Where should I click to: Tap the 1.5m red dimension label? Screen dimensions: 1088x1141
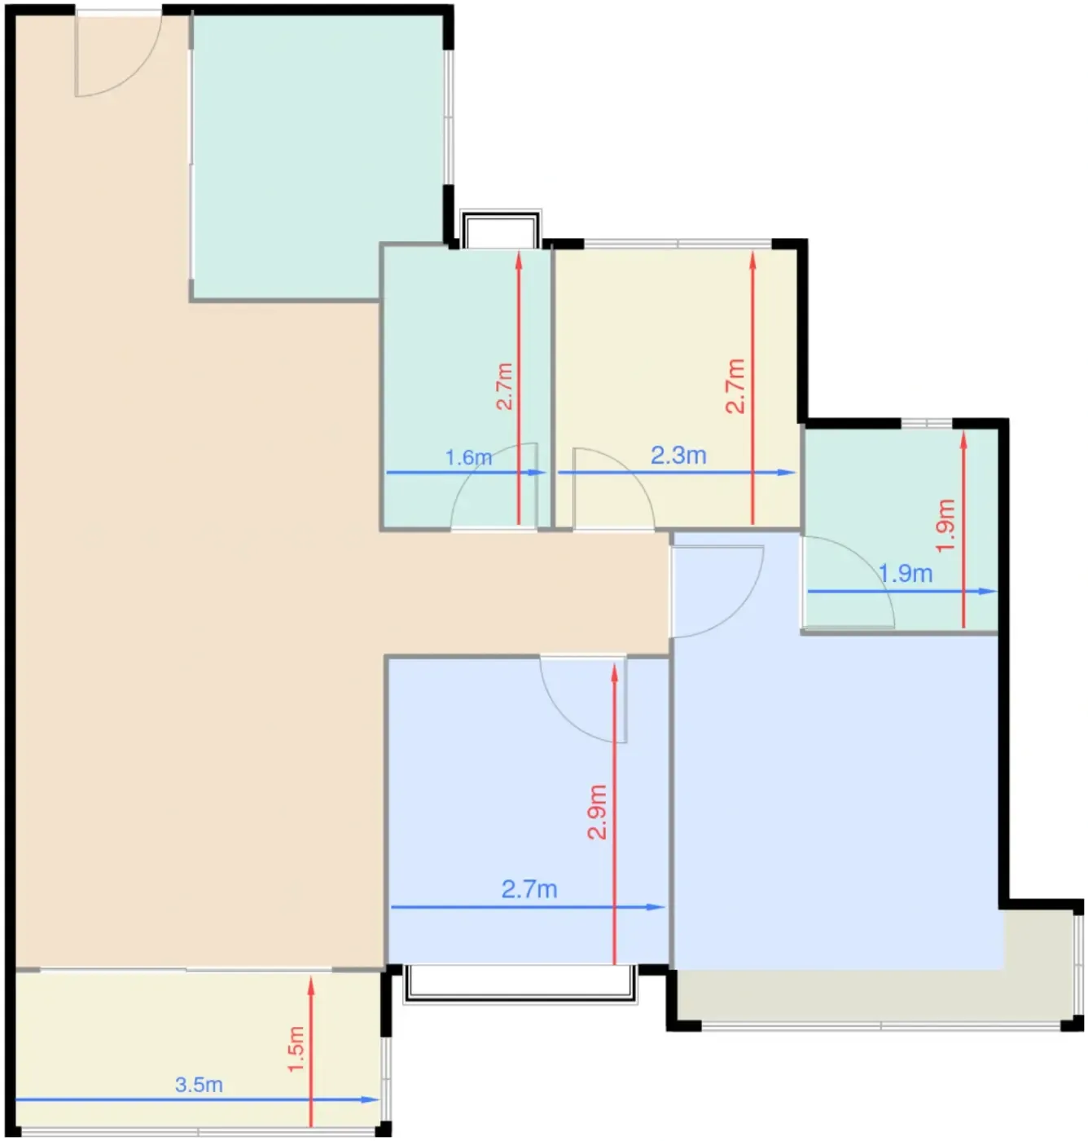pyautogui.click(x=296, y=1049)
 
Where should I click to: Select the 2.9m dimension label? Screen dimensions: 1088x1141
pyautogui.click(x=597, y=812)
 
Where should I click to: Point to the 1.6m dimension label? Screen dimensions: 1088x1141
pyautogui.click(x=468, y=458)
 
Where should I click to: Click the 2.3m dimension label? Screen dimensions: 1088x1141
pyautogui.click(x=678, y=455)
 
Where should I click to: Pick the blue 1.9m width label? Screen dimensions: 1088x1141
pyautogui.click(x=906, y=574)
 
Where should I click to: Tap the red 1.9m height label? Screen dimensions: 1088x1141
pyautogui.click(x=945, y=526)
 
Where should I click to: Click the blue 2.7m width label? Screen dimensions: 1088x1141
pyautogui.click(x=529, y=889)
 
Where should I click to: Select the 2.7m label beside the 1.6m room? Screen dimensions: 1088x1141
pyautogui.click(x=505, y=386)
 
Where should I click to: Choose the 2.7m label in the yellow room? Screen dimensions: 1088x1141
pyautogui.click(x=735, y=386)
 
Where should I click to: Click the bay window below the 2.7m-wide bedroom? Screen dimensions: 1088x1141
pyautogui.click(x=520, y=984)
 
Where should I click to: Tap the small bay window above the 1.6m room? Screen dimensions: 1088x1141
pyautogui.click(x=501, y=229)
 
